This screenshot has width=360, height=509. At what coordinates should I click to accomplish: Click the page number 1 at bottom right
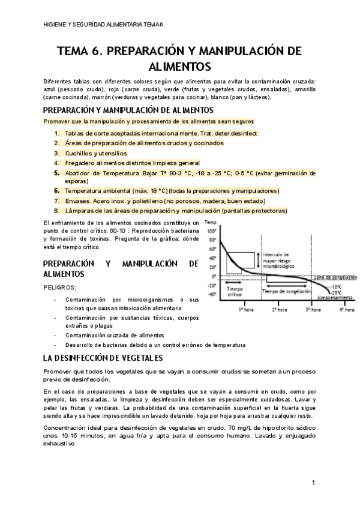pos(314,483)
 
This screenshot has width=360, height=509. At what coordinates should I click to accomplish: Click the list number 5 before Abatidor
pos(56,172)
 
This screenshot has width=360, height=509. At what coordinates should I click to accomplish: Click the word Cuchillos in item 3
pos(79,153)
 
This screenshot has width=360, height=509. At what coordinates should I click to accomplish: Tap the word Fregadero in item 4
pos(80,163)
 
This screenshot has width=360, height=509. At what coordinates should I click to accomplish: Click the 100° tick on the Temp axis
pos(211,231)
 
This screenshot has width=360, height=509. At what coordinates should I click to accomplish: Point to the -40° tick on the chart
pos(211,295)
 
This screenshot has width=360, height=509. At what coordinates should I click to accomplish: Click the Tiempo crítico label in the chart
pos(235,292)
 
